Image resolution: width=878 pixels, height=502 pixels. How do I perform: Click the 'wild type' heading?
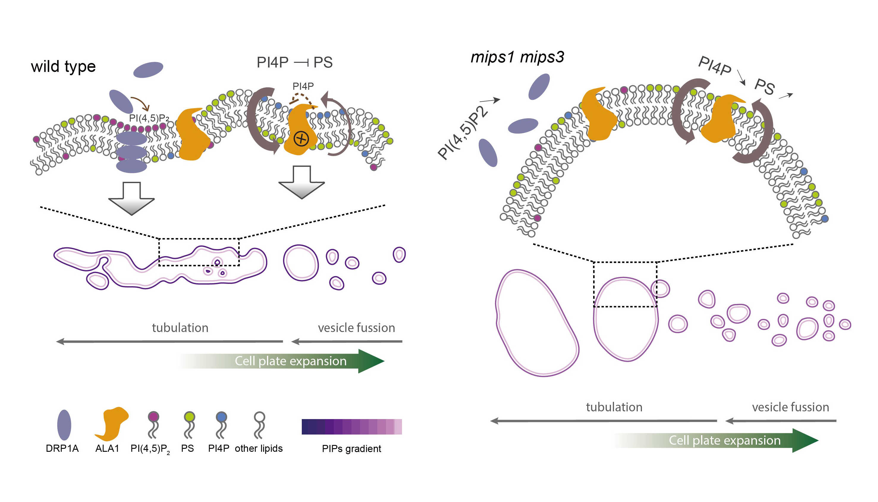63,67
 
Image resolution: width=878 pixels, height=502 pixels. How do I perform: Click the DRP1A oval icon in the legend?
64,425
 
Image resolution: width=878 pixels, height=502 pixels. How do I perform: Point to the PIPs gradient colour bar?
351,427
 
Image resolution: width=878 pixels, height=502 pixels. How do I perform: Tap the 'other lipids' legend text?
258,448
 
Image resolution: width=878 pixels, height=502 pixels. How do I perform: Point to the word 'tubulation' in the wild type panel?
180,328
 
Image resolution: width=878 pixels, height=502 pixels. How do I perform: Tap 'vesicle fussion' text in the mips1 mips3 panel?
790,407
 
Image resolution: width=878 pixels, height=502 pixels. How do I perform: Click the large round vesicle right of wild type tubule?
301,263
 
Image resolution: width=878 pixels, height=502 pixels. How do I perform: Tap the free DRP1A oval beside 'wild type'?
148,70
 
